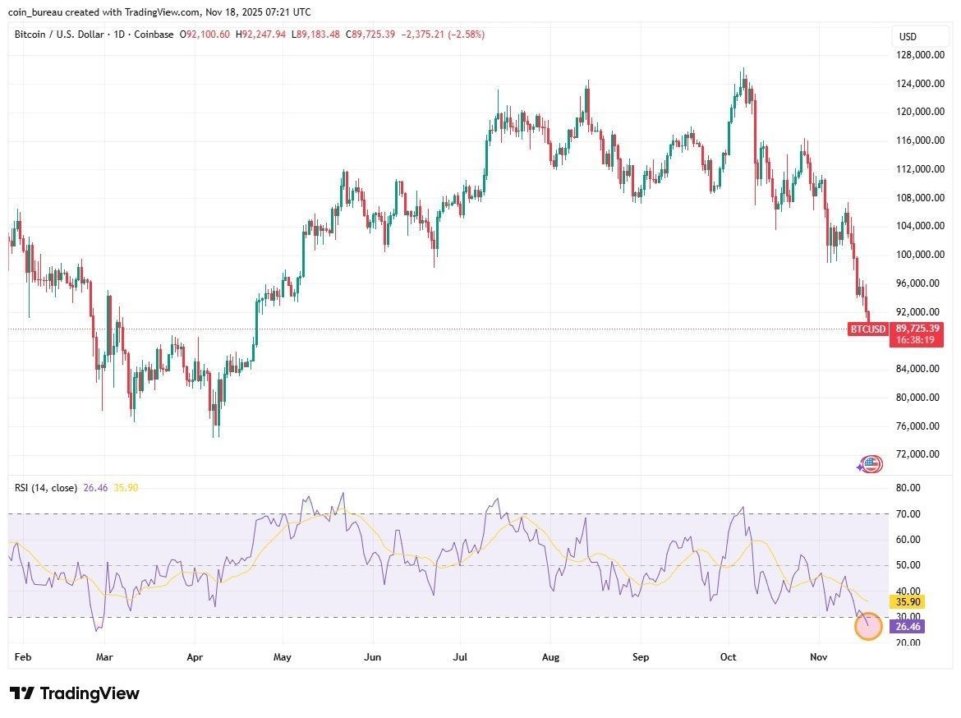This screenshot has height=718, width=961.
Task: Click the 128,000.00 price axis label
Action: tap(919, 55)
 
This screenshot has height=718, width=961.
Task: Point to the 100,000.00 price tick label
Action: tap(919, 255)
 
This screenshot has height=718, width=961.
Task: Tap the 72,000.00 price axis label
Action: tap(919, 454)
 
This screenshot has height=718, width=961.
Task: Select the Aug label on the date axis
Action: tap(551, 657)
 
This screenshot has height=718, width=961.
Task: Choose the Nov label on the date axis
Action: tap(818, 657)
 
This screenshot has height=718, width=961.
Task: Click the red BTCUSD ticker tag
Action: tap(868, 329)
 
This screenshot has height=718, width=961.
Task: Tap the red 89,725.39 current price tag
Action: tap(916, 328)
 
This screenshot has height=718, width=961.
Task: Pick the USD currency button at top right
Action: tap(908, 37)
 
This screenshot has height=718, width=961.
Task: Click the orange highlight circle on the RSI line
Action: tap(868, 627)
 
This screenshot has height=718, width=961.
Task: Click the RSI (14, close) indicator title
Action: tap(46, 488)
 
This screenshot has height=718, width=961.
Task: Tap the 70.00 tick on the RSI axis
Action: tap(908, 514)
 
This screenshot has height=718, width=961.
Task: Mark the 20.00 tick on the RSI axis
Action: tap(908, 642)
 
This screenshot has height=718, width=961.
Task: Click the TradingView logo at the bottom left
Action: tap(75, 693)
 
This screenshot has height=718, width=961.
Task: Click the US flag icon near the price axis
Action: tap(871, 464)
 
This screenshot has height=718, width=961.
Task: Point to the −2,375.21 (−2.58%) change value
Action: tap(443, 35)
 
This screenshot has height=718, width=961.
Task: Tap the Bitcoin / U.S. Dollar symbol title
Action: tap(58, 35)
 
